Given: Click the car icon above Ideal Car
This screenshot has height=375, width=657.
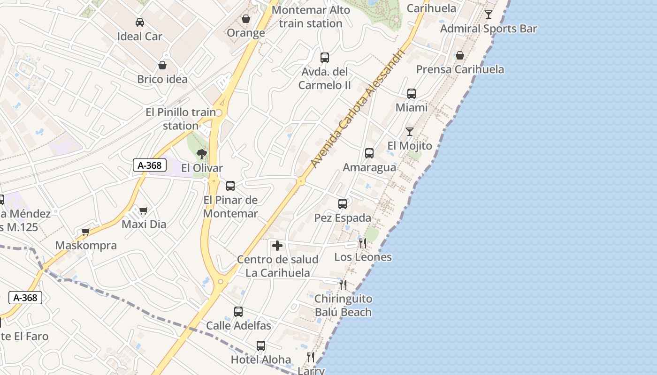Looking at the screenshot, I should pyautogui.click(x=140, y=22).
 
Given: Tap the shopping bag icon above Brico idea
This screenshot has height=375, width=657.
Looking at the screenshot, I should pyautogui.click(x=162, y=65).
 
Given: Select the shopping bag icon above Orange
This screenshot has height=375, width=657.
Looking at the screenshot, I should pyautogui.click(x=245, y=19).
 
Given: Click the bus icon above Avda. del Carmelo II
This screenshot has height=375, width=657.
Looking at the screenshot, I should pyautogui.click(x=325, y=58).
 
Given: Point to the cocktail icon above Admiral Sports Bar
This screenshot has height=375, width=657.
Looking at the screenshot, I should pyautogui.click(x=489, y=15).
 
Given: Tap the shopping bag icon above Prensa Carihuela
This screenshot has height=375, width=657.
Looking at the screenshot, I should pyautogui.click(x=460, y=55).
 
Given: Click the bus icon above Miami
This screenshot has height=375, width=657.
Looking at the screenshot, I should pyautogui.click(x=412, y=94).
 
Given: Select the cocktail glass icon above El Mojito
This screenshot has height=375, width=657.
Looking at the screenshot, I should pyautogui.click(x=410, y=132).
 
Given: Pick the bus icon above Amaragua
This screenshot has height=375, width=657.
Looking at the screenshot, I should pyautogui.click(x=369, y=153).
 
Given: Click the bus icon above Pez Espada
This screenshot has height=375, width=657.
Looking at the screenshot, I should pyautogui.click(x=343, y=204).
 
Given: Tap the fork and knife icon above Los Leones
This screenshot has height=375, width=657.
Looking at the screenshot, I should pyautogui.click(x=363, y=243).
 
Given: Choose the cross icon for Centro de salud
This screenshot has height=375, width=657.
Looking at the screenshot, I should pyautogui.click(x=277, y=246).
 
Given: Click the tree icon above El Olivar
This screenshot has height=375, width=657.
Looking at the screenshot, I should pyautogui.click(x=202, y=154).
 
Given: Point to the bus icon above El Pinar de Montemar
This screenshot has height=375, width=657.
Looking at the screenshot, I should pyautogui.click(x=230, y=186).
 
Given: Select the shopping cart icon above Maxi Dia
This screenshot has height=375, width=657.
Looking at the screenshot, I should pyautogui.click(x=144, y=210).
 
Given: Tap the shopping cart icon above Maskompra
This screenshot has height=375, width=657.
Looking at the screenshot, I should pyautogui.click(x=86, y=232).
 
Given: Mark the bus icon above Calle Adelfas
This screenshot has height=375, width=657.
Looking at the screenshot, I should pyautogui.click(x=238, y=312).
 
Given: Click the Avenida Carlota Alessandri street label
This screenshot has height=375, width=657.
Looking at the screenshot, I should pyautogui.click(x=357, y=107).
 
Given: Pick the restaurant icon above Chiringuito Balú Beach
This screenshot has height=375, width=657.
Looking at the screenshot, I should pyautogui.click(x=343, y=285).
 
